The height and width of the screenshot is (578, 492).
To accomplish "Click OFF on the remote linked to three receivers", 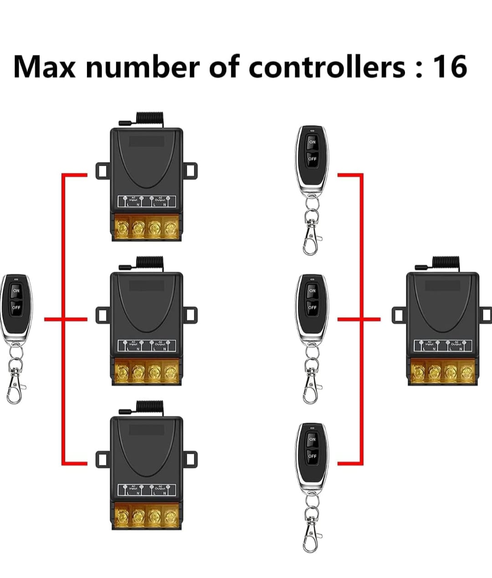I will click(x=16, y=307).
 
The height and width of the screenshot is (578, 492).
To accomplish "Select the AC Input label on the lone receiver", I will click(x=429, y=344).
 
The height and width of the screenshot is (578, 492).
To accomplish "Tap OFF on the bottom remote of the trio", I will click(x=312, y=456).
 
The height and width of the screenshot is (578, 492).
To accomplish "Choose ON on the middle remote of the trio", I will click(x=312, y=291).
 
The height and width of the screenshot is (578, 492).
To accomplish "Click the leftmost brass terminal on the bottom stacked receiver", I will click(x=122, y=516).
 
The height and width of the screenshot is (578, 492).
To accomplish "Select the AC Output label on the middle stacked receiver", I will click(x=160, y=343).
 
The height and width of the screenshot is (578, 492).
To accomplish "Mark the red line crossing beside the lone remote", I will click(x=62, y=319).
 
